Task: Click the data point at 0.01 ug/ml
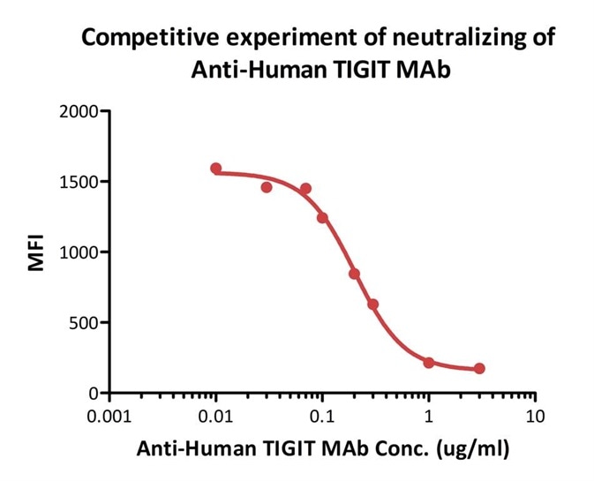[x=216, y=169]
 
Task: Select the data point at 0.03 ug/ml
[x=267, y=187]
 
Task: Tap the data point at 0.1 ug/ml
[x=322, y=217]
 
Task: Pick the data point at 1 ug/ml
[x=429, y=363]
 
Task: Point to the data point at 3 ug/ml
[x=479, y=369]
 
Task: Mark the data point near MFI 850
[x=354, y=274]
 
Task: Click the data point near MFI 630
[x=373, y=304]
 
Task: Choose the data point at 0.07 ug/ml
[x=305, y=189]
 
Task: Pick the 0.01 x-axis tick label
[x=216, y=416]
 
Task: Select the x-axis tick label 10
[x=534, y=416]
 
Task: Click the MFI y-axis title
[x=36, y=252]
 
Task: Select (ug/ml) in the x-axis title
[x=472, y=449]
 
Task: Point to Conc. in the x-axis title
[x=404, y=449]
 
